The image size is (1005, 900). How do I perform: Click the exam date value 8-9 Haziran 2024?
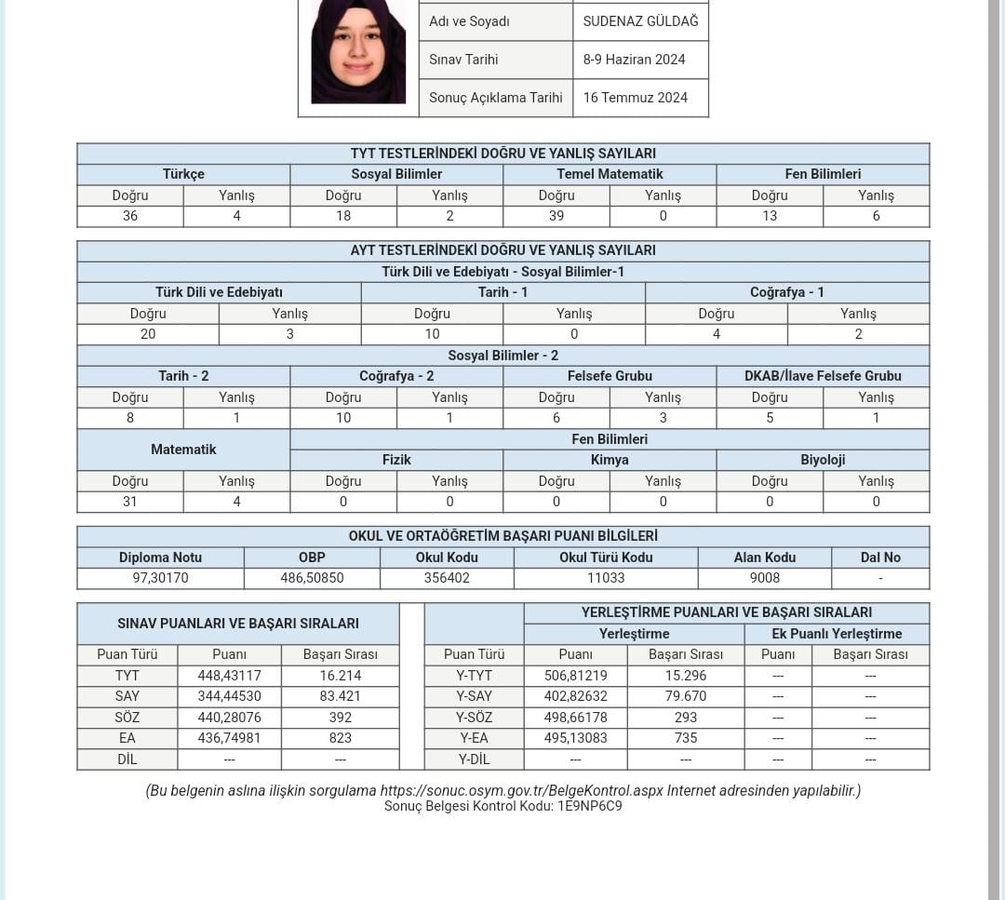[x=634, y=60]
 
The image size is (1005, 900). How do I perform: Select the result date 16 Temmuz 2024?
[x=636, y=98]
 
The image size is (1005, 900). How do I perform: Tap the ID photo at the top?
[x=358, y=52]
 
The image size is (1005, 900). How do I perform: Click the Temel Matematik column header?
[x=610, y=174]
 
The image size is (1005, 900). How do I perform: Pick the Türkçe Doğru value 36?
[x=130, y=216]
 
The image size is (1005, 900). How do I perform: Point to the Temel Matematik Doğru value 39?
[x=556, y=216]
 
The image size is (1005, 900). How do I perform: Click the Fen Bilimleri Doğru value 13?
[x=770, y=216]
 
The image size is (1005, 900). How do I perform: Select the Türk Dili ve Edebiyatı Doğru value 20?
[x=148, y=334]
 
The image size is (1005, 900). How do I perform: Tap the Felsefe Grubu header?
[x=610, y=376]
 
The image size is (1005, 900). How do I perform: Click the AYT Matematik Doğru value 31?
[x=130, y=502]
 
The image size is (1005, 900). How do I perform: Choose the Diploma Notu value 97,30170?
[x=160, y=578]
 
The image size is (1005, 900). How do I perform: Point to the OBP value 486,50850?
[x=312, y=578]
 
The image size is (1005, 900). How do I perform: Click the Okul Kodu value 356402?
[x=447, y=578]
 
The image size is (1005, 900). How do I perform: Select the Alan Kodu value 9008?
[x=764, y=578]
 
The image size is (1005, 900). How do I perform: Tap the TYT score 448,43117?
[x=229, y=676]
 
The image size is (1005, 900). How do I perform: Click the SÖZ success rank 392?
[x=340, y=718]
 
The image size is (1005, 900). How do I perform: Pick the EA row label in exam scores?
[x=127, y=738]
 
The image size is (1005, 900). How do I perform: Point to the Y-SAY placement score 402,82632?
[x=575, y=696]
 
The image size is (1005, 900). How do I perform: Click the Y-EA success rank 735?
[x=685, y=738]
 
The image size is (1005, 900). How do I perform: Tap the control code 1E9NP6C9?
[x=589, y=806]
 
